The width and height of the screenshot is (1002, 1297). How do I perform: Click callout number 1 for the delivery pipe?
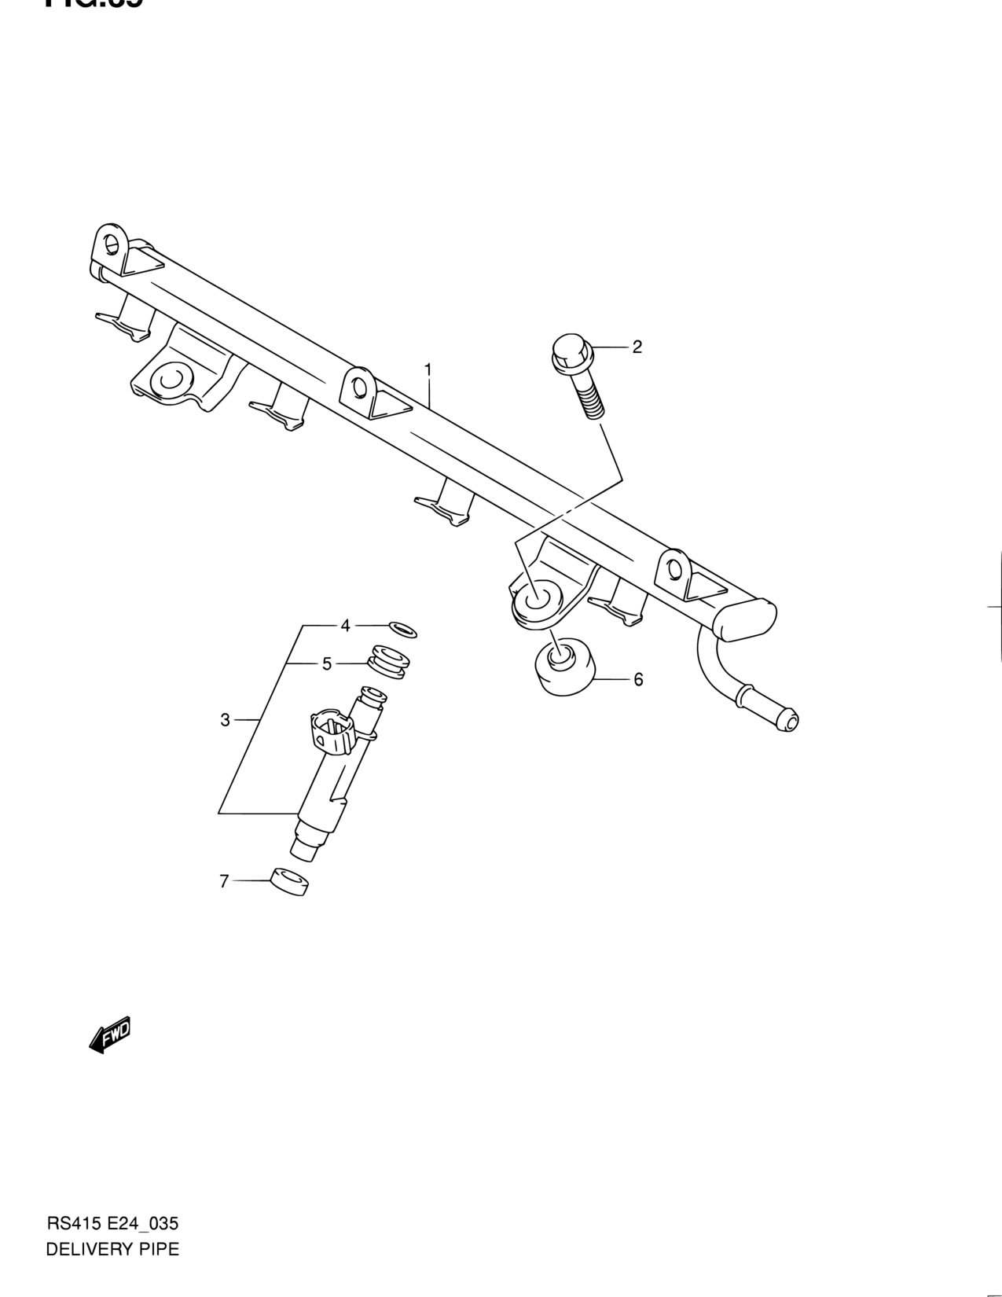(428, 369)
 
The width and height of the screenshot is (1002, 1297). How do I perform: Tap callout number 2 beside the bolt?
(637, 347)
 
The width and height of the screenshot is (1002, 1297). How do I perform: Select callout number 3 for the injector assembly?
(225, 719)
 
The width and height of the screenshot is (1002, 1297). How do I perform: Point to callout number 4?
(344, 626)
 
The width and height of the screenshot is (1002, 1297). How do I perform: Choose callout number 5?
(327, 664)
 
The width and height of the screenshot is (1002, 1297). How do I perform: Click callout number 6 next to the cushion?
(638, 679)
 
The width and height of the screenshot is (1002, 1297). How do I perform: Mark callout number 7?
(224, 882)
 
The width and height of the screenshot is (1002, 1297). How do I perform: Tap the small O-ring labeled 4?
(402, 629)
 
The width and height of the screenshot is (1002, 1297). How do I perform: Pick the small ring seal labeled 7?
(288, 882)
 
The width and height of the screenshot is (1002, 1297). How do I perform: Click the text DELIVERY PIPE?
(112, 1249)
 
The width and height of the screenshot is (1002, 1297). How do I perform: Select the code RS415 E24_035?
(112, 1224)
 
